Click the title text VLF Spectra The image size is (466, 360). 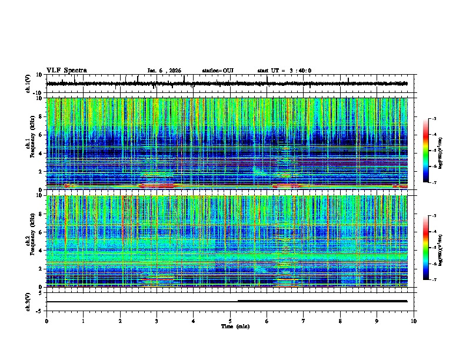pos(66,71)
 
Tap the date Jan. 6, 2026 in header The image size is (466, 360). pos(164,71)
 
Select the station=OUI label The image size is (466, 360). pos(218,71)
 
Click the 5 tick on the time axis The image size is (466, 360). pos(230,321)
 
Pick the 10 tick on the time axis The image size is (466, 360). pos(414,321)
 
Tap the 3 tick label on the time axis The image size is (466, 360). pos(157,321)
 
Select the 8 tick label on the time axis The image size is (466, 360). pos(340,321)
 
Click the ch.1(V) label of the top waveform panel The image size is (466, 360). pos(28,84)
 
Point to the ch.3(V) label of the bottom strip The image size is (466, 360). pos(28,301)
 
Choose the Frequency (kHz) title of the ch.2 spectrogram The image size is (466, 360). pos(34,241)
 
